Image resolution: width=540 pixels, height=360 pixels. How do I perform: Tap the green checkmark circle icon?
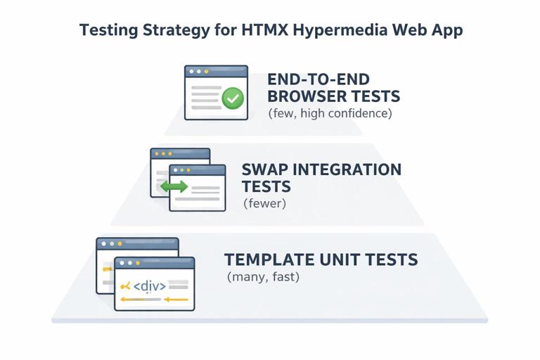(x=233, y=98)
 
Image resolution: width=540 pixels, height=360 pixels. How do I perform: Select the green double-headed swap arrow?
(x=174, y=186)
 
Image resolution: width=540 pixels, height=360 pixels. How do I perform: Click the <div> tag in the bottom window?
(x=150, y=286)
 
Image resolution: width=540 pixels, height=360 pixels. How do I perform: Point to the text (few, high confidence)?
(x=330, y=113)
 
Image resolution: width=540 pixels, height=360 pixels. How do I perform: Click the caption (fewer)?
(x=264, y=204)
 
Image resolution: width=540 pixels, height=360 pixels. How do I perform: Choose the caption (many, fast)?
(x=264, y=277)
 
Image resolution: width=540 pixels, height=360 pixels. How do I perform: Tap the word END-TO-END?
(x=319, y=79)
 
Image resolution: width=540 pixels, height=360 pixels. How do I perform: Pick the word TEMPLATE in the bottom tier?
(x=268, y=259)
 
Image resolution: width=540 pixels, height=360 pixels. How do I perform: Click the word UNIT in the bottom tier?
(x=343, y=259)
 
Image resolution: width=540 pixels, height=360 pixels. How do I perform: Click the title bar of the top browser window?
(x=216, y=71)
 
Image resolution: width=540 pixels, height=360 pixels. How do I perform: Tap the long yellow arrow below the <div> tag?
(x=154, y=300)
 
